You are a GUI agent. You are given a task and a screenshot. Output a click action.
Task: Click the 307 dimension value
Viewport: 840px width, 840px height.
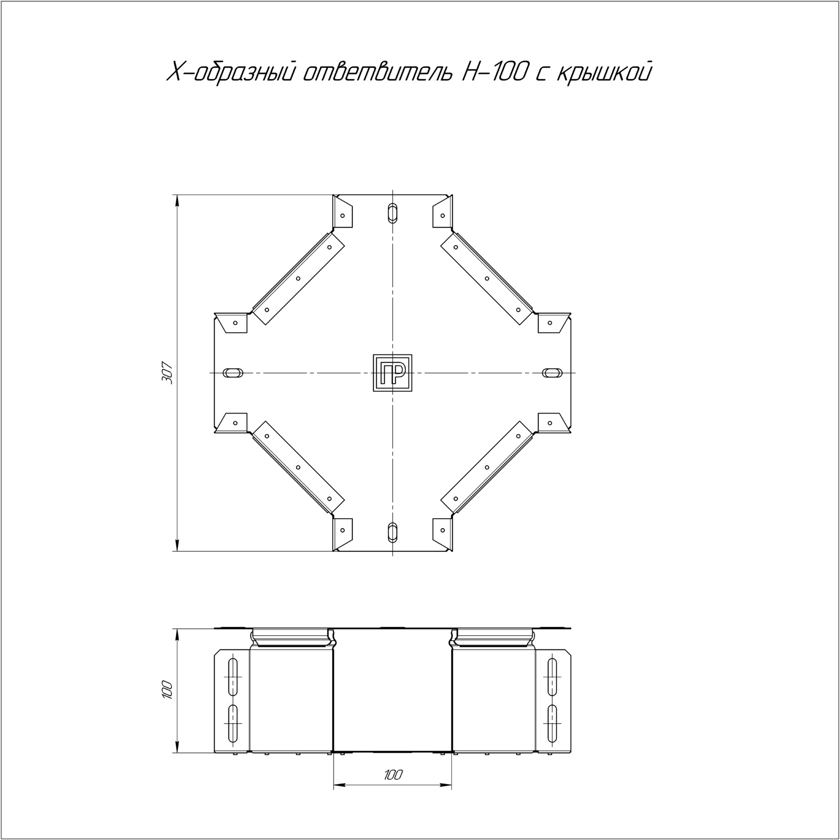click(x=167, y=373)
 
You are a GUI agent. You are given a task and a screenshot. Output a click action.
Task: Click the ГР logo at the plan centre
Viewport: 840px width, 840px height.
click(x=392, y=373)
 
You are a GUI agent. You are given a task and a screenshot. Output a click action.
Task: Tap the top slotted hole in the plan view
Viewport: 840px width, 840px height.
click(x=392, y=212)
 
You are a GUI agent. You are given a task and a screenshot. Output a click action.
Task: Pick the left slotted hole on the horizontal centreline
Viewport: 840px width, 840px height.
click(x=233, y=372)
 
